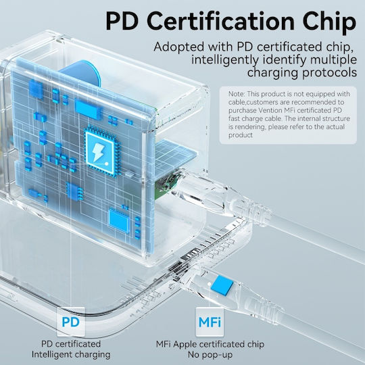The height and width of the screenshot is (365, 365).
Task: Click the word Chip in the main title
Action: coord(330,22)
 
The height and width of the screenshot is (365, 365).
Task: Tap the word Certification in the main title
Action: coord(220,21)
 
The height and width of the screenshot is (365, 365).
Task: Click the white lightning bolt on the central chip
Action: coord(97,153)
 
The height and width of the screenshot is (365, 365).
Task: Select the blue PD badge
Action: coord(71,322)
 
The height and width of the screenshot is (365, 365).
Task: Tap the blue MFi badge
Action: coord(210,322)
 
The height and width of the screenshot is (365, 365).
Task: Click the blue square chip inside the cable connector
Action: coord(222,285)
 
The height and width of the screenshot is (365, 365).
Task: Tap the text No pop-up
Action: coord(210,355)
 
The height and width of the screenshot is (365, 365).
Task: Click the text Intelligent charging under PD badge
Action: coord(71,355)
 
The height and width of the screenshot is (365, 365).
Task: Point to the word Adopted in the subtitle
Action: coord(178,47)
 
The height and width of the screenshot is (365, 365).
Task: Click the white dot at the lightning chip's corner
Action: coord(107,164)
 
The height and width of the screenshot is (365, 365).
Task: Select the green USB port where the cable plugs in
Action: coord(166,185)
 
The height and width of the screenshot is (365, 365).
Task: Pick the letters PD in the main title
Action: coord(122,22)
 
